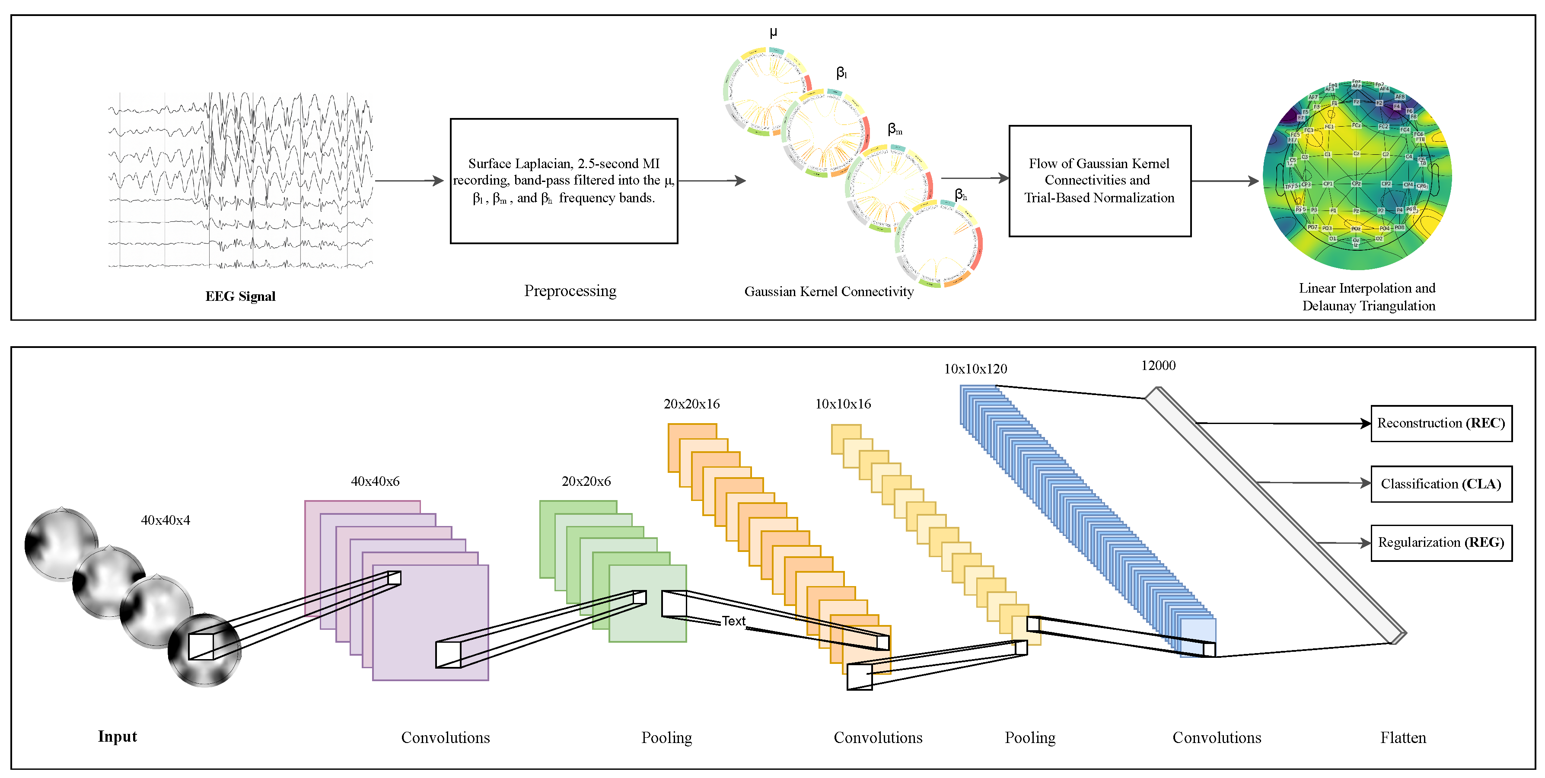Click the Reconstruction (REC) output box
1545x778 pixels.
point(1441,424)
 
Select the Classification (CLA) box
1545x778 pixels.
point(1441,484)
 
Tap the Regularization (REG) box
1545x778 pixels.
point(1441,543)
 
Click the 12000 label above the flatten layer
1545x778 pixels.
point(1157,365)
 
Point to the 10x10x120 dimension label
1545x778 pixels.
point(975,369)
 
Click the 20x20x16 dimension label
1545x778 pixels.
point(691,404)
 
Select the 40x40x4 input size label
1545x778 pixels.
point(166,520)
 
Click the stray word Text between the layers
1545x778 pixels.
point(733,621)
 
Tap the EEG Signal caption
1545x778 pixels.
point(240,297)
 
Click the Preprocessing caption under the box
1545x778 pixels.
point(570,291)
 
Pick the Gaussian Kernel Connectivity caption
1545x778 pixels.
point(829,291)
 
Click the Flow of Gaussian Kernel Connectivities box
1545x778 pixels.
point(1099,181)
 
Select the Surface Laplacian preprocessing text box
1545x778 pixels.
point(564,181)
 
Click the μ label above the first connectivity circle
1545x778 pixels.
point(774,32)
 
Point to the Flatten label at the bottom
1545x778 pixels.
point(1403,737)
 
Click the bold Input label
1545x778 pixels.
point(118,737)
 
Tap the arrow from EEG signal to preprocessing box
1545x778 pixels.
point(409,181)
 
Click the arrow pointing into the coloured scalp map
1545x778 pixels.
point(1225,181)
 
